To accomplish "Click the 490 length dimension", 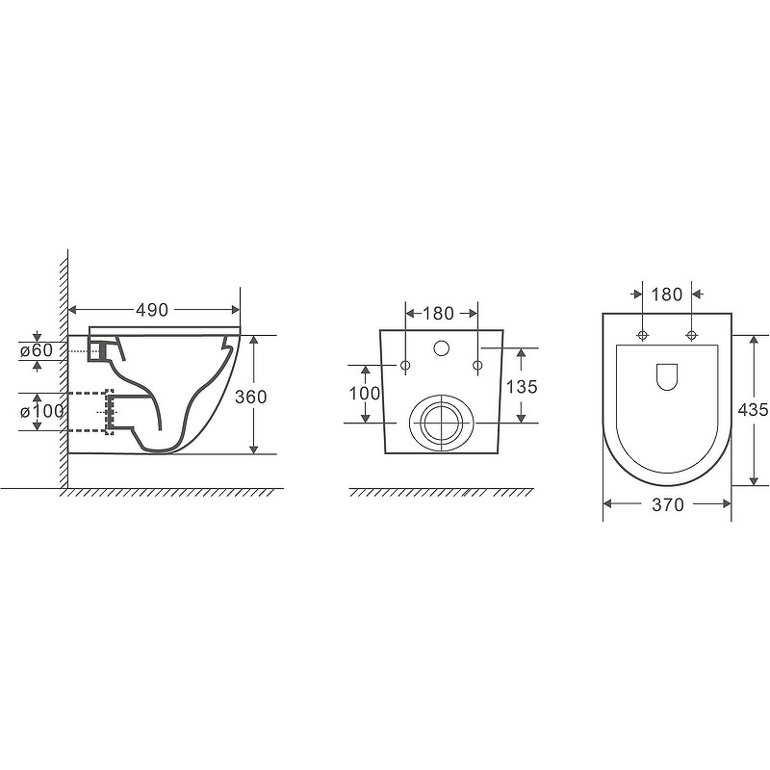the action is pyautogui.click(x=152, y=310).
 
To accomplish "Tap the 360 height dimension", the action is pyautogui.click(x=251, y=397).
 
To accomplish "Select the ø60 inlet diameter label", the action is pyautogui.click(x=37, y=350).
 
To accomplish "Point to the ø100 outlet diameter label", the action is pyautogui.click(x=41, y=411).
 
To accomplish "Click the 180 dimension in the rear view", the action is pyautogui.click(x=438, y=314).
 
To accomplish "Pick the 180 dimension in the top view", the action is pyautogui.click(x=667, y=295).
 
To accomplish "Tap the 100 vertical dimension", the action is pyautogui.click(x=365, y=393).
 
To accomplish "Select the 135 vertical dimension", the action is pyautogui.click(x=522, y=387).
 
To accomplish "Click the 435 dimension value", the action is pyautogui.click(x=753, y=409).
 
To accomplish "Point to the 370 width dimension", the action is pyautogui.click(x=668, y=504).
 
